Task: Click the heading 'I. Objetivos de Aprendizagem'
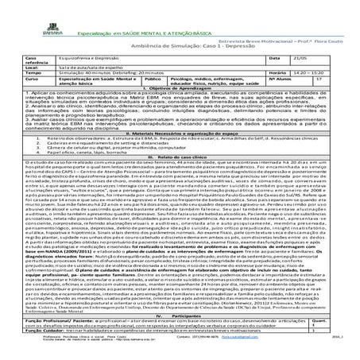click(180, 93)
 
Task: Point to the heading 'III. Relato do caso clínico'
click(180, 180)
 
